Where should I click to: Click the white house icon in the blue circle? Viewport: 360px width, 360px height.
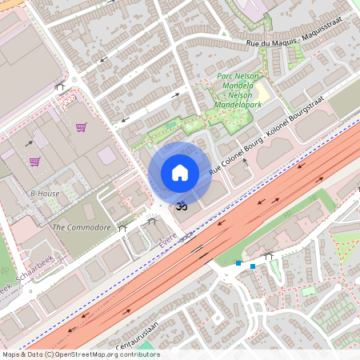[x=180, y=173]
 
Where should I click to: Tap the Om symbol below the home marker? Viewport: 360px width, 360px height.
[x=181, y=206]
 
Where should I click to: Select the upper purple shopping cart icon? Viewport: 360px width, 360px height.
[x=81, y=126]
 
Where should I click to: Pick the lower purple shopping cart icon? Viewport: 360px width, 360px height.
[x=34, y=161]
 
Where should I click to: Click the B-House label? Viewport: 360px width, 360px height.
[x=45, y=194]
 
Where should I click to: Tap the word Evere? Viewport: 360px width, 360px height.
[x=166, y=239]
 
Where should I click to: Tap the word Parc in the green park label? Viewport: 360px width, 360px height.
[x=226, y=76]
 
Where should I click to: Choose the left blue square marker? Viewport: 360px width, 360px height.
[x=238, y=262]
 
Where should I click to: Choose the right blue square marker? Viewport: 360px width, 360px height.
[x=253, y=266]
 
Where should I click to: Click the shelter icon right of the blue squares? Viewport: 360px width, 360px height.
[x=269, y=256]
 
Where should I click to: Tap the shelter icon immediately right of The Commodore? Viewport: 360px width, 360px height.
[x=122, y=228]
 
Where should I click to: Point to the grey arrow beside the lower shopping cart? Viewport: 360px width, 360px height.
[x=30, y=144]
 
